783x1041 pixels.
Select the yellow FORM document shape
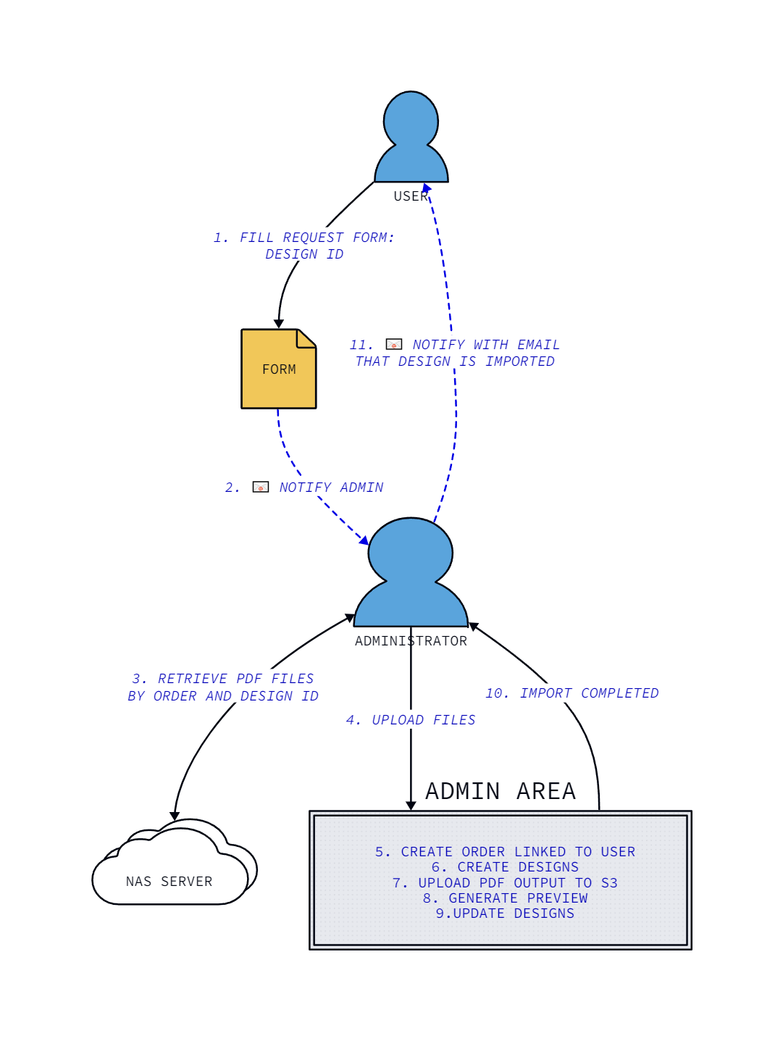[x=278, y=369]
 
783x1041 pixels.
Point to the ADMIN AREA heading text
[x=500, y=791]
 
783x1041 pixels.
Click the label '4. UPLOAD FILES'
[x=411, y=720]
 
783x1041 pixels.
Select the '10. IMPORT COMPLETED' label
[x=571, y=693]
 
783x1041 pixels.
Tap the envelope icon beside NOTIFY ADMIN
[x=261, y=487]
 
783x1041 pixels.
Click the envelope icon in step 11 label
[x=394, y=344]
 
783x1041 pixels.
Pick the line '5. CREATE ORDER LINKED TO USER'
[x=505, y=852]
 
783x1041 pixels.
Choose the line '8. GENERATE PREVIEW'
[x=505, y=898]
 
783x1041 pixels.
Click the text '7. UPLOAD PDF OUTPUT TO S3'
[x=505, y=883]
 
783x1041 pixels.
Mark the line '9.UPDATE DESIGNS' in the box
[x=505, y=914]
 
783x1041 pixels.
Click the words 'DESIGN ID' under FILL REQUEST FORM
[x=304, y=254]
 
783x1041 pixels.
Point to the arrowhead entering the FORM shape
[x=278, y=324]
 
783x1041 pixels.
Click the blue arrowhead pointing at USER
[x=427, y=188]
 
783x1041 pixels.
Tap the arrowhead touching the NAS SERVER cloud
[x=175, y=816]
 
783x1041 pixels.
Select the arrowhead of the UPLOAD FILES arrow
[x=411, y=806]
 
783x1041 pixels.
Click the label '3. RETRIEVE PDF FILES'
[x=223, y=679]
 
